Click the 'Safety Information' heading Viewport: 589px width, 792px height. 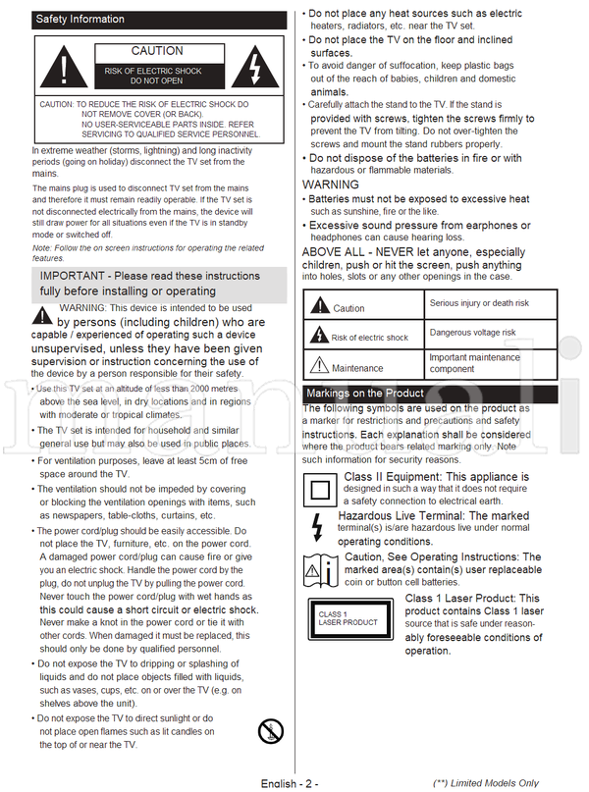pyautogui.click(x=80, y=20)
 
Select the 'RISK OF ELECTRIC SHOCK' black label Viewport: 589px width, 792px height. pyautogui.click(x=157, y=76)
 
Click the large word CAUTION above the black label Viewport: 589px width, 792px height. pyautogui.click(x=157, y=51)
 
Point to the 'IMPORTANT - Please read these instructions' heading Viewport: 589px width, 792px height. pyautogui.click(x=149, y=284)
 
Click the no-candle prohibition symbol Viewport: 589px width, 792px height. pyautogui.click(x=269, y=731)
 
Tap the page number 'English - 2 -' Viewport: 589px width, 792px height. pyautogui.click(x=290, y=783)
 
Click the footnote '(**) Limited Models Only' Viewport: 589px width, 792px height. pyautogui.click(x=486, y=783)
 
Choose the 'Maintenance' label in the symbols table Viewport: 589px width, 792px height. pyautogui.click(x=357, y=369)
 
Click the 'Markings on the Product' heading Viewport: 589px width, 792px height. pyautogui.click(x=365, y=395)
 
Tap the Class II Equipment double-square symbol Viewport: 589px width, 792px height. pyautogui.click(x=321, y=488)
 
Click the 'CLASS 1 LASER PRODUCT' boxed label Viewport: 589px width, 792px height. pyautogui.click(x=348, y=618)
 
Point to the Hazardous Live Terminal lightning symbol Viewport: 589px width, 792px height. pyautogui.click(x=316, y=528)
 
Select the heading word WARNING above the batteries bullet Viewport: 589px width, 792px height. pyautogui.click(x=331, y=185)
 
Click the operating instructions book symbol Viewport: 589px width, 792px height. pyautogui.click(x=321, y=568)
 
